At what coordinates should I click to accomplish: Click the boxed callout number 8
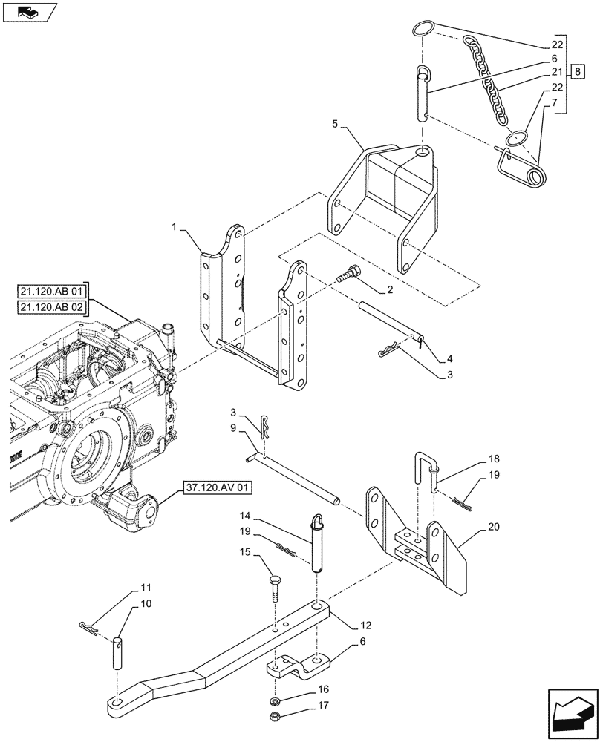pyautogui.click(x=578, y=72)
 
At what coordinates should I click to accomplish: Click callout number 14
pyautogui.click(x=244, y=515)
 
